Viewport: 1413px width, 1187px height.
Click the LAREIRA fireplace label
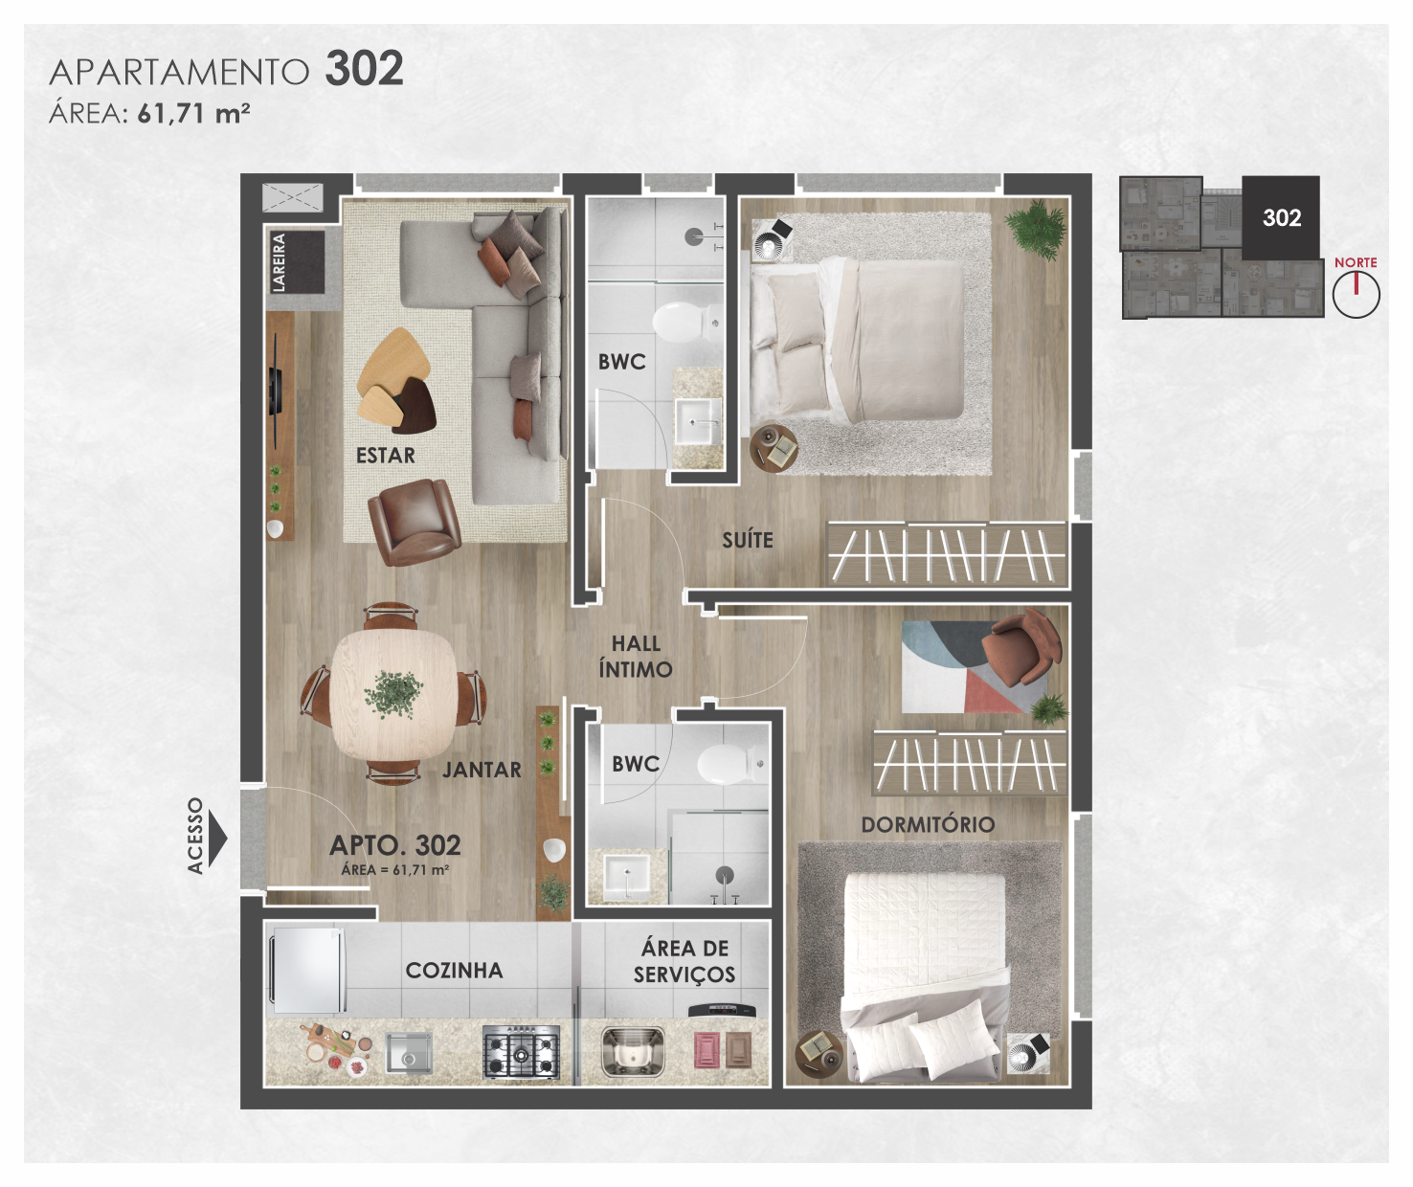pos(279,262)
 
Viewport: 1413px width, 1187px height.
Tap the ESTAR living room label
pos(386,456)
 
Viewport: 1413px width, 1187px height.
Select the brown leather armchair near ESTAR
pos(415,521)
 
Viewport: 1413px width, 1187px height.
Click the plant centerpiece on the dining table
pos(393,693)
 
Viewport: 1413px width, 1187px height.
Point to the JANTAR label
pos(482,771)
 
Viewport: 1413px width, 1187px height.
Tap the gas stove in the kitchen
pos(521,1052)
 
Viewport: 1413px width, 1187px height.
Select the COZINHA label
pos(454,971)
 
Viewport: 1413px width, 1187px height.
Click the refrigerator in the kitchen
pos(307,970)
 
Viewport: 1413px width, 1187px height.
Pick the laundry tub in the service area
pos(632,1051)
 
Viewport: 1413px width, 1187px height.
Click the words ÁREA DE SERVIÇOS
pos(684,962)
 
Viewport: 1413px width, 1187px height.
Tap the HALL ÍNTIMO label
pos(636,657)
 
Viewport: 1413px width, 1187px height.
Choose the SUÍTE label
pos(747,540)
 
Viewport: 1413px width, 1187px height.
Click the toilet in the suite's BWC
pos(685,320)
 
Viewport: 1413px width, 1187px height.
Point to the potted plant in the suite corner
pos(1035,229)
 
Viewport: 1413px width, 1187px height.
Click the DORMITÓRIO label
pos(928,824)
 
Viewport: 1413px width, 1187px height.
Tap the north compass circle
pos(1357,295)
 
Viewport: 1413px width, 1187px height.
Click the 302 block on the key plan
pos(1281,217)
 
